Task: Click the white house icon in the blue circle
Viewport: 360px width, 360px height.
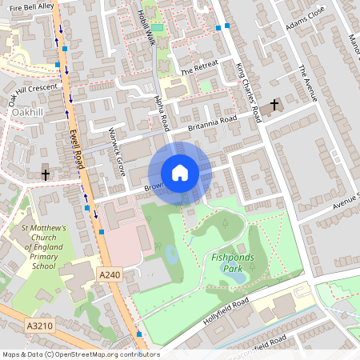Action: coord(180,173)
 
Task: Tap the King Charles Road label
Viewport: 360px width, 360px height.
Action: coord(250,93)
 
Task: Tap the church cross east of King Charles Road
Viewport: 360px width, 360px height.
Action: coord(274,105)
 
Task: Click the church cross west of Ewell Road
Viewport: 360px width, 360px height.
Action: coord(46,174)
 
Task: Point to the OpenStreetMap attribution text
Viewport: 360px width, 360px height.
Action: coord(81,354)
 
